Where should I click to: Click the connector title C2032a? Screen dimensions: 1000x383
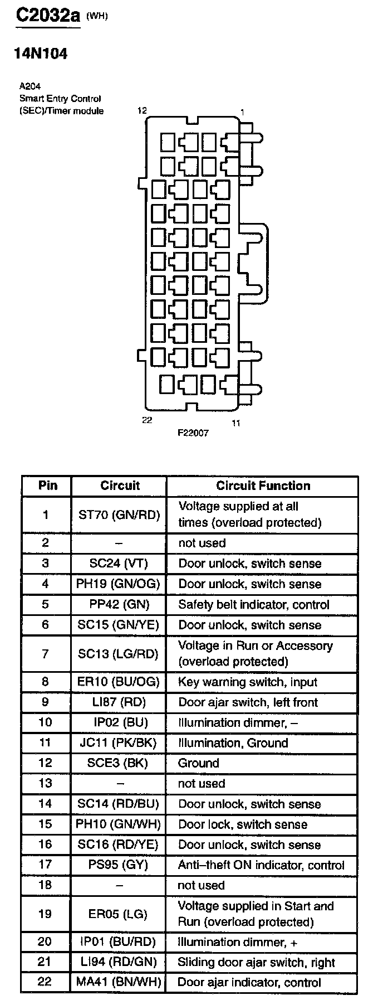point(48,15)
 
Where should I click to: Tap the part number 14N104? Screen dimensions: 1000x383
point(40,54)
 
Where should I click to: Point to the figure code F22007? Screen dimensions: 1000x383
point(193,433)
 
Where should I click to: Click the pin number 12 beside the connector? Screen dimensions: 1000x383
point(143,110)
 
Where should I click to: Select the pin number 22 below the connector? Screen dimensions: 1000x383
point(147,420)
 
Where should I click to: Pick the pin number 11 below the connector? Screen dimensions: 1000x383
point(236,423)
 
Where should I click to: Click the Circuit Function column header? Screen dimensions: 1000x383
point(263,486)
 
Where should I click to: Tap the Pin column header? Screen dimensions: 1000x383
point(48,486)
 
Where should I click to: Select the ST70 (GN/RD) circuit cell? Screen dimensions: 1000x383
point(119,514)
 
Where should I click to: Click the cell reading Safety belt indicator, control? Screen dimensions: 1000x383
point(254,604)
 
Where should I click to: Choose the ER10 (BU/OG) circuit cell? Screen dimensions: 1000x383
point(119,682)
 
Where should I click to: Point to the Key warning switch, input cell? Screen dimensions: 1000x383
point(248,682)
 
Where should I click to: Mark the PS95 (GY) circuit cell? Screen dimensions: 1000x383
point(119,865)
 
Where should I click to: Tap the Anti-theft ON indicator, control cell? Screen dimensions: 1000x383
point(261,865)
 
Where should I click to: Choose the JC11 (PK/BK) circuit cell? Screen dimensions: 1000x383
point(119,742)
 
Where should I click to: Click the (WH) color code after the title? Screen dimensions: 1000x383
point(97,16)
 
